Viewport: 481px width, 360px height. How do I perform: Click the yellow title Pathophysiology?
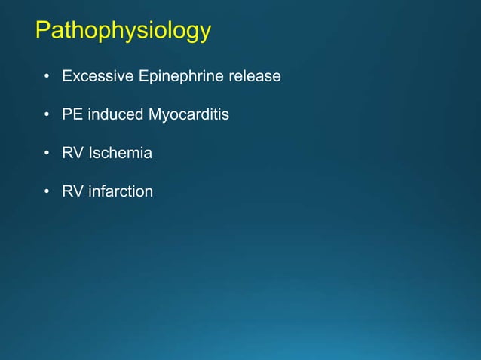click(123, 32)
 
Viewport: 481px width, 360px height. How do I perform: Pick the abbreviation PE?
click(72, 115)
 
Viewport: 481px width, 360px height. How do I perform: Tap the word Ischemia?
click(121, 154)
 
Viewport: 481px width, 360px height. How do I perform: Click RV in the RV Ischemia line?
click(73, 154)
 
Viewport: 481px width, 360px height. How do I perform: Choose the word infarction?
click(121, 192)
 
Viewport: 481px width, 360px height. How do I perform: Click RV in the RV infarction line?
click(73, 192)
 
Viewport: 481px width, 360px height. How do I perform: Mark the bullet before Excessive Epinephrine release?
click(47, 78)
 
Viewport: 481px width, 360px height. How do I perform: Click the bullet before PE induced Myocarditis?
click(47, 116)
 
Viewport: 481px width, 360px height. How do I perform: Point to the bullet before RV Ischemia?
click(47, 154)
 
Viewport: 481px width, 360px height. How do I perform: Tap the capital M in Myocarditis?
click(155, 115)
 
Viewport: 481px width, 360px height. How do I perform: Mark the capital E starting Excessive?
click(67, 77)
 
